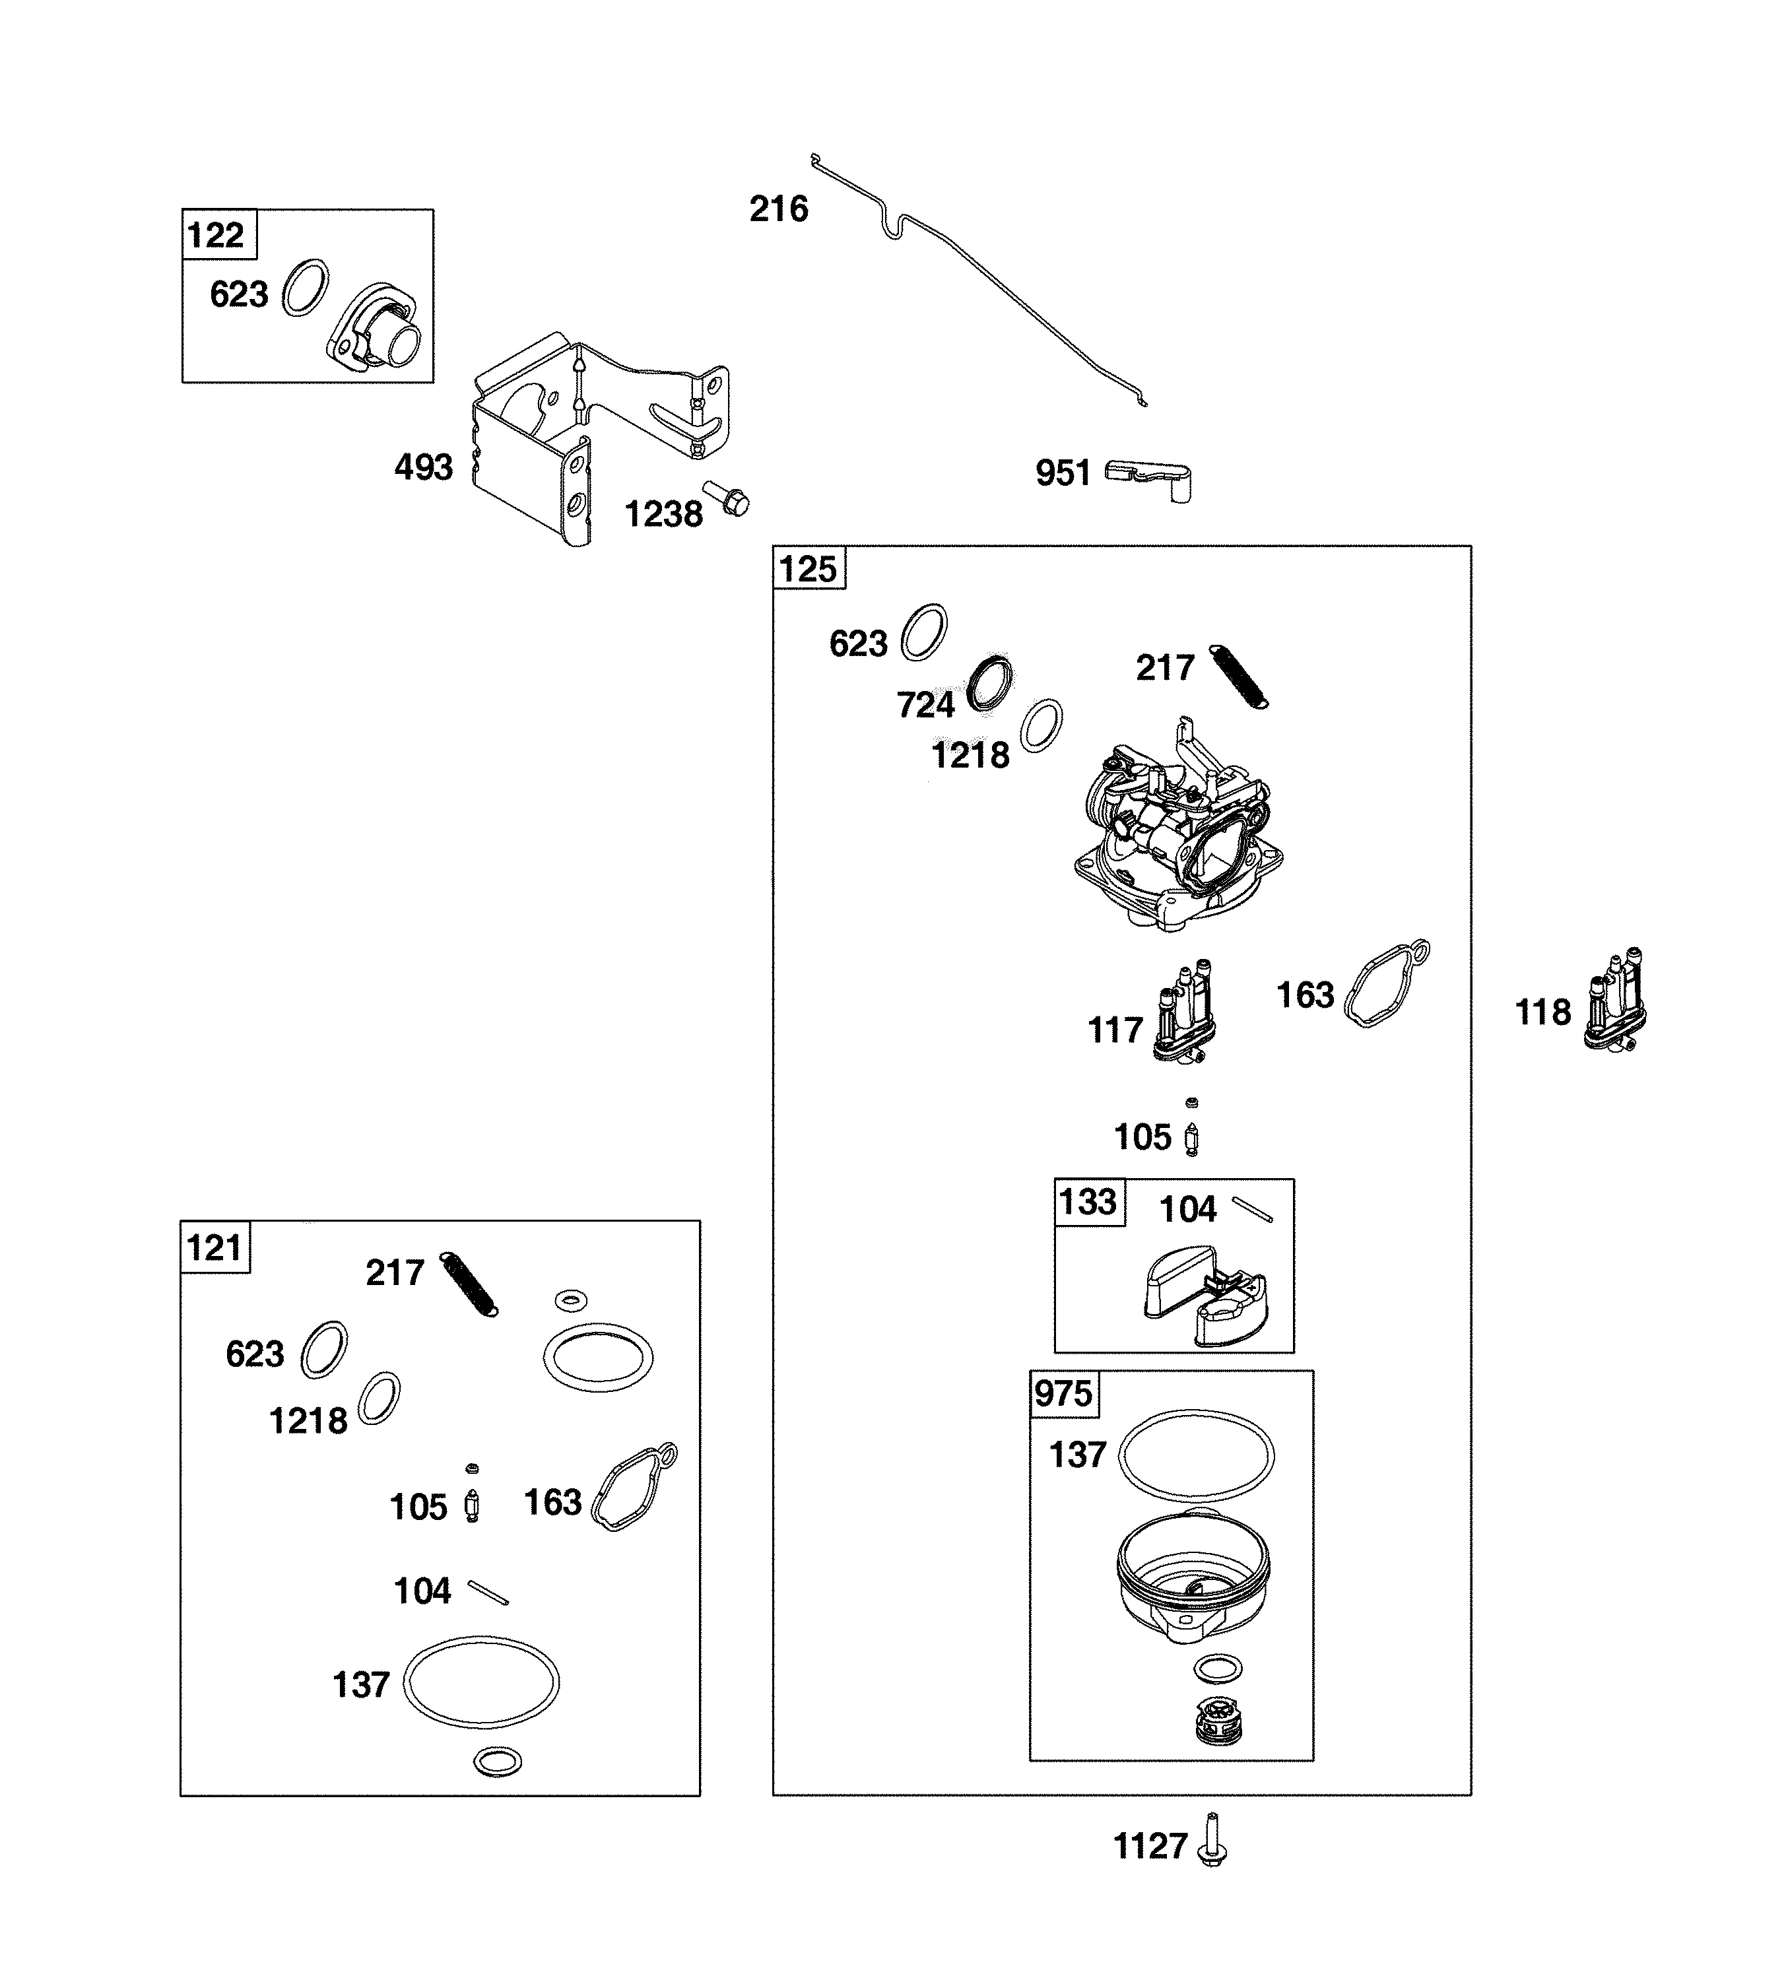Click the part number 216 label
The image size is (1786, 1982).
[778, 209]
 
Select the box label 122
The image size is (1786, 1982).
[216, 236]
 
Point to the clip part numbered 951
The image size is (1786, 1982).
[1148, 477]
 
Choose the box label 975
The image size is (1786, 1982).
[1063, 1393]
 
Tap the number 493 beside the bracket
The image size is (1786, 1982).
[423, 467]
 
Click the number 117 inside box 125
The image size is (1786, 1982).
[1115, 1030]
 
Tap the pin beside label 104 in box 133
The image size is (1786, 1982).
[1252, 1210]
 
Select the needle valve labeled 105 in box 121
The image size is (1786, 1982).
[472, 1504]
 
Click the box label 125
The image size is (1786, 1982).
[808, 569]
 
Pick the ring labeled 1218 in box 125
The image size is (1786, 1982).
[1042, 725]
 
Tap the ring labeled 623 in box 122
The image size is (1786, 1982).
[305, 288]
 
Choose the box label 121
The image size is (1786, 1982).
[214, 1248]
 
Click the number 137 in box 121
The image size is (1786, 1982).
[361, 1686]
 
